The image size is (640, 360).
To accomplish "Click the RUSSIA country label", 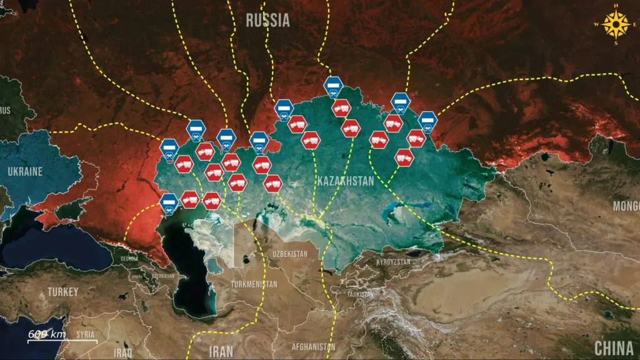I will tap(267, 20).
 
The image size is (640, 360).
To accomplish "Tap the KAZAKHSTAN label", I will tap(345, 181).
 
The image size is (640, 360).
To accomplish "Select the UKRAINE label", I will tap(25, 171).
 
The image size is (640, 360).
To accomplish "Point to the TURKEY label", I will tap(63, 291).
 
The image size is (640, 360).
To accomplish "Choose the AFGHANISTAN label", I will tap(313, 346).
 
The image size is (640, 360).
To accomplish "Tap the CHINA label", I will tap(613, 347).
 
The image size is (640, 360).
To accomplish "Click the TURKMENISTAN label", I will tap(254, 284).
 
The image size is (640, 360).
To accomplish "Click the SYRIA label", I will tap(86, 335).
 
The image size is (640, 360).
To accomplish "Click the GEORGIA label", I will tap(129, 259).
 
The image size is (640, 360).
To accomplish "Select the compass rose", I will tap(616, 25).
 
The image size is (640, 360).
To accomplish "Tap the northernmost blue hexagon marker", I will tap(333, 86).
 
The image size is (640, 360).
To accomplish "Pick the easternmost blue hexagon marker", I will tap(427, 121).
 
